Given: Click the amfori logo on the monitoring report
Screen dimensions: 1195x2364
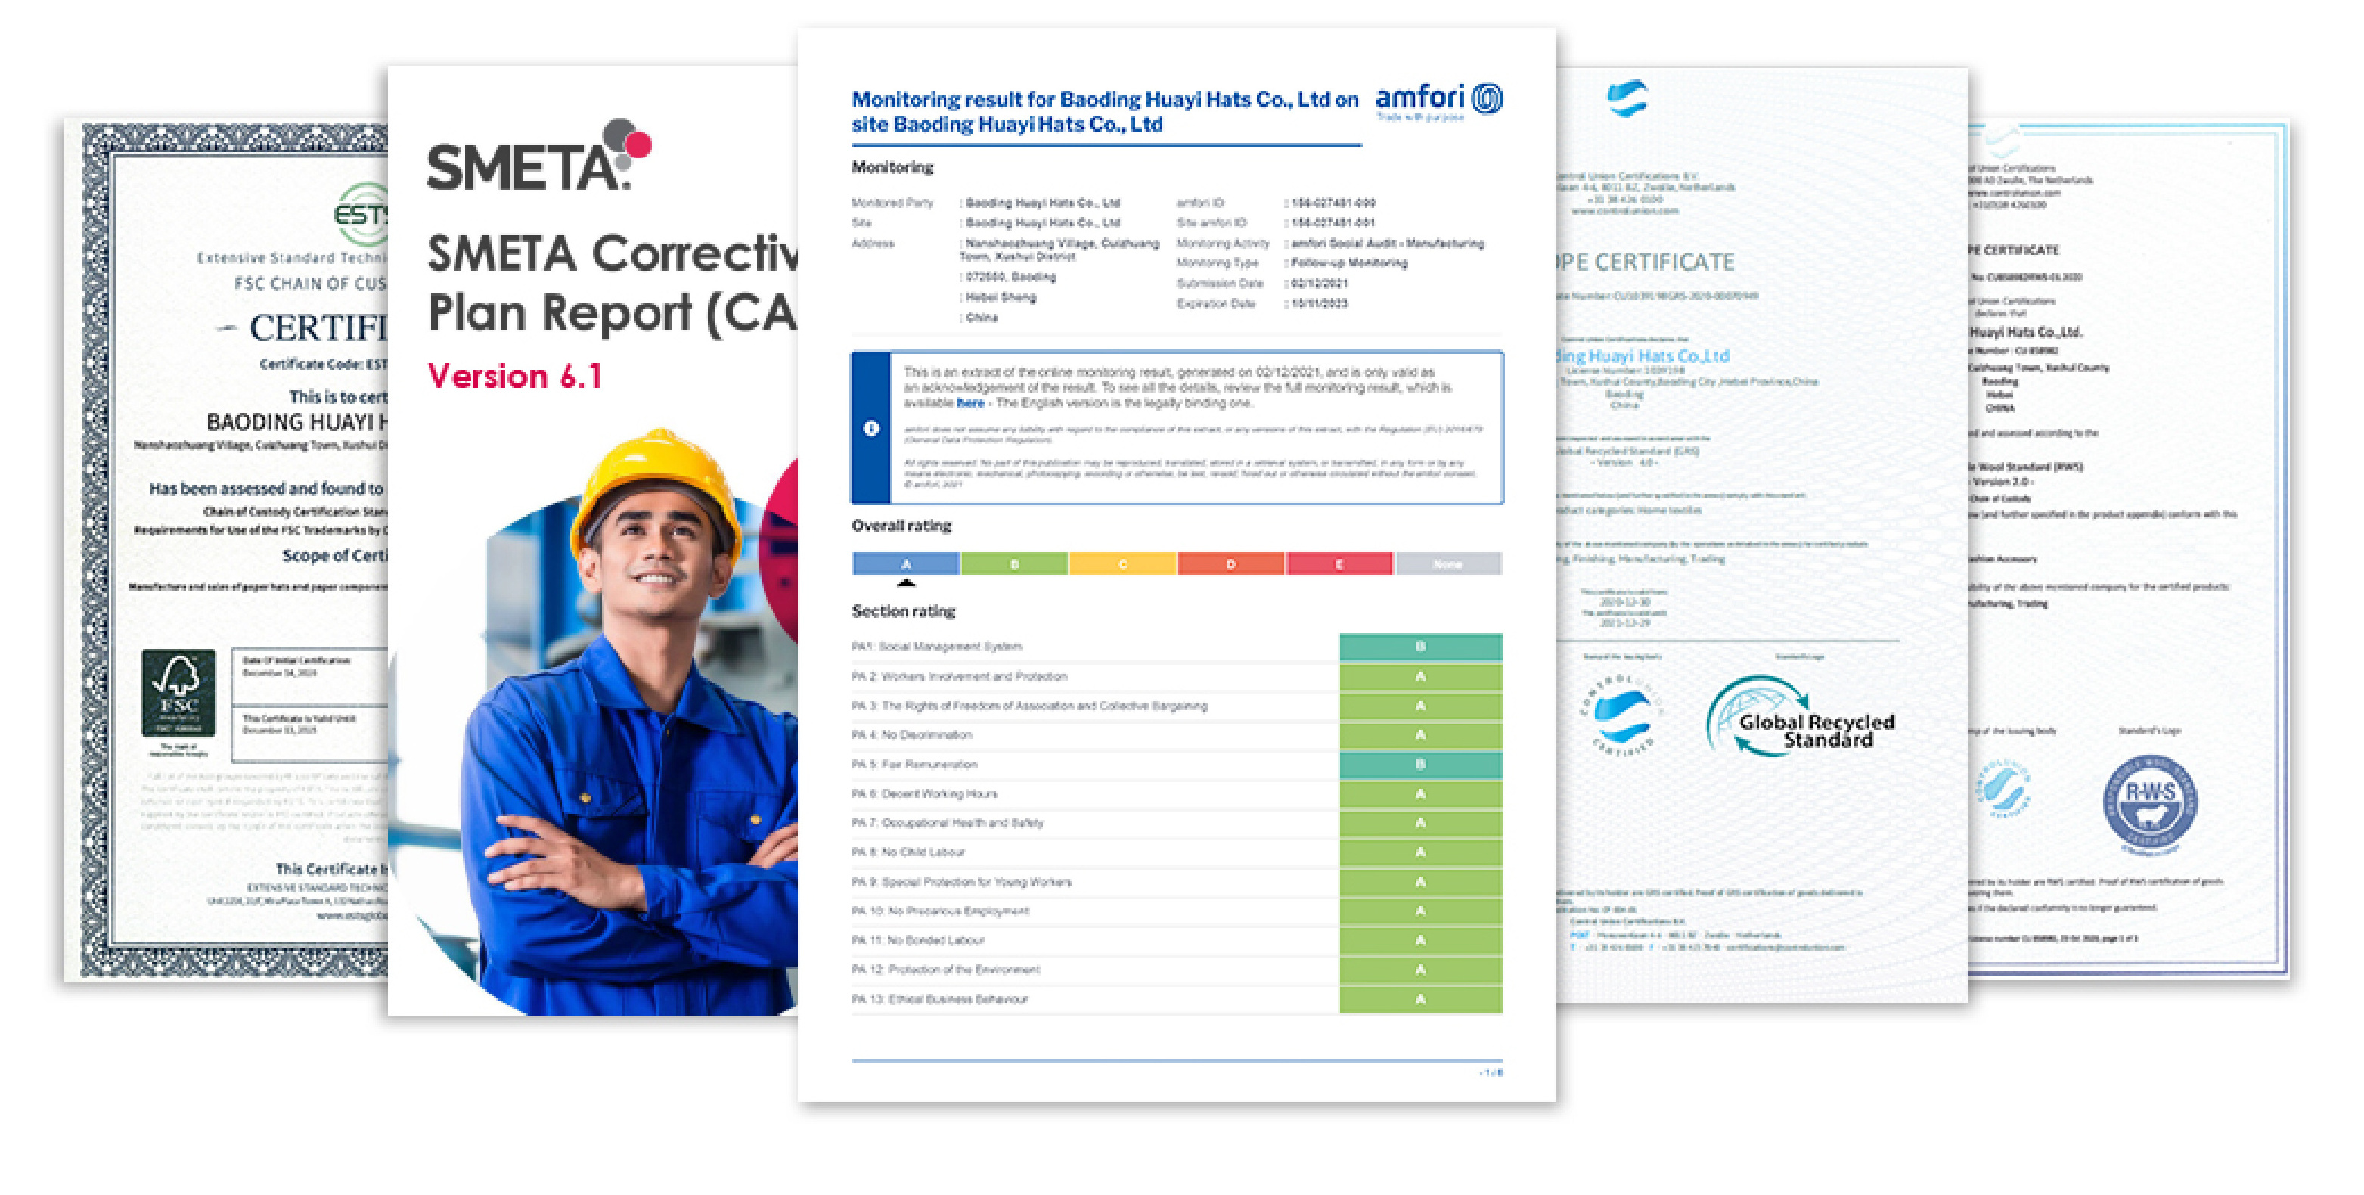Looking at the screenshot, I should point(1438,100).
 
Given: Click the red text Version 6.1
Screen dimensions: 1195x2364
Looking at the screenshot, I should point(515,377).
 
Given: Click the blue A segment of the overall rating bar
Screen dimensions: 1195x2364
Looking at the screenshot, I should point(906,563).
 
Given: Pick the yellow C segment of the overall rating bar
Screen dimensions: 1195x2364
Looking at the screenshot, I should point(1122,563).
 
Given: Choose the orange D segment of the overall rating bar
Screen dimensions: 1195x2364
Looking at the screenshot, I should point(1230,563).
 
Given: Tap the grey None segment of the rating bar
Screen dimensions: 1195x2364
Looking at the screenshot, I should point(1447,563).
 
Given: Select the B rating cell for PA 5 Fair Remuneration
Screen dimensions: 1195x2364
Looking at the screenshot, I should point(1419,765).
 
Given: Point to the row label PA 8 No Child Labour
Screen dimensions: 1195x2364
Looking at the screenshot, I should point(907,852).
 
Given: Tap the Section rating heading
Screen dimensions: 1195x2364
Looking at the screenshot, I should point(903,611).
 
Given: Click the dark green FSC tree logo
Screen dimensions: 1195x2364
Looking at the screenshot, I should point(178,693).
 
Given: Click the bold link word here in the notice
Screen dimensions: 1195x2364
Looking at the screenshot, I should point(970,403).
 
